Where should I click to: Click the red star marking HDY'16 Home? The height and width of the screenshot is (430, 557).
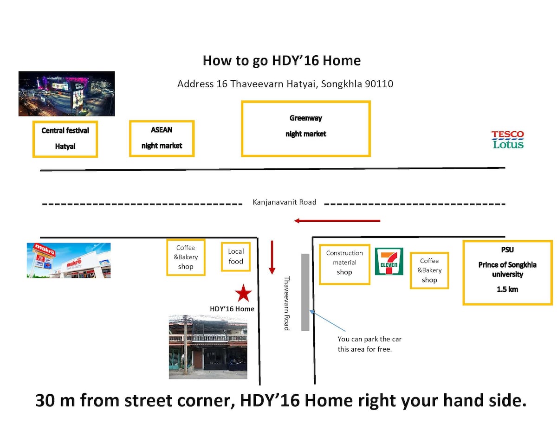click(x=243, y=293)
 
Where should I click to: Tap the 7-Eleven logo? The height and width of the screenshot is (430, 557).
click(x=389, y=261)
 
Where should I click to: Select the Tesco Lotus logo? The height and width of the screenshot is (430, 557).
click(x=507, y=140)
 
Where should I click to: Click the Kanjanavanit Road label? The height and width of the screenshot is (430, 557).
click(x=284, y=202)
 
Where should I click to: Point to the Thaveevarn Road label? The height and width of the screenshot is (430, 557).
click(x=287, y=303)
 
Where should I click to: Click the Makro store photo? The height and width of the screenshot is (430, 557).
click(x=69, y=261)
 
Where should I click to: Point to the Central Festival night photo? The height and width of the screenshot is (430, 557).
click(x=67, y=94)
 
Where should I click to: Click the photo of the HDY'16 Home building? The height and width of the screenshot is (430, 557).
click(x=208, y=347)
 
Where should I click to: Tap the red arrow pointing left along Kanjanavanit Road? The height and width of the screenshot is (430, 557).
click(x=337, y=220)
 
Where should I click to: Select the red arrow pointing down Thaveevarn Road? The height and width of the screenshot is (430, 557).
click(x=272, y=257)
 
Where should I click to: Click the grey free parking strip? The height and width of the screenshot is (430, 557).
click(x=305, y=292)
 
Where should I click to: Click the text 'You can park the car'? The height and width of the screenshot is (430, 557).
click(x=369, y=340)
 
